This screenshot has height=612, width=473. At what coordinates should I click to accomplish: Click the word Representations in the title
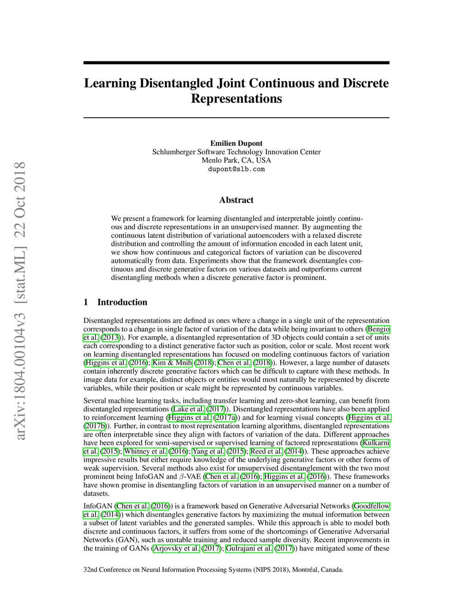pyautogui.click(x=236, y=99)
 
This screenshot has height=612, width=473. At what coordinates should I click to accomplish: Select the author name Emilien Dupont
pyautogui.click(x=236, y=143)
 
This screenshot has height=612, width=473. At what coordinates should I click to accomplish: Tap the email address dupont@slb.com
pyautogui.click(x=236, y=169)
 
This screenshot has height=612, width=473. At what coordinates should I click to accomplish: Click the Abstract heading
pyautogui.click(x=236, y=200)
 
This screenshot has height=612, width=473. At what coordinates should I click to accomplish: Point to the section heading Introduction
pyautogui.click(x=122, y=302)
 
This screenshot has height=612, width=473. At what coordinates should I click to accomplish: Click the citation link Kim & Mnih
pyautogui.click(x=172, y=363)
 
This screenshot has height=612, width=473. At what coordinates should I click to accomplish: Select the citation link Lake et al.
pyautogui.click(x=188, y=409)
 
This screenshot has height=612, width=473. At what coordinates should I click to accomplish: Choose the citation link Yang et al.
pyautogui.click(x=208, y=451)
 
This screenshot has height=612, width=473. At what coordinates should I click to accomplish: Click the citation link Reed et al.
pyautogui.click(x=266, y=451)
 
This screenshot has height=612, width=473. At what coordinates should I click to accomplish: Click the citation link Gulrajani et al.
pyautogui.click(x=249, y=548)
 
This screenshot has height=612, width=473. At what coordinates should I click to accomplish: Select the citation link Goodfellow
pyautogui.click(x=371, y=506)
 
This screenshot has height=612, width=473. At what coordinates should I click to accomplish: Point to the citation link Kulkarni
pyautogui.click(x=376, y=443)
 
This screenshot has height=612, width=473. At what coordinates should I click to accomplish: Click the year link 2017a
pyautogui.click(x=225, y=418)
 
